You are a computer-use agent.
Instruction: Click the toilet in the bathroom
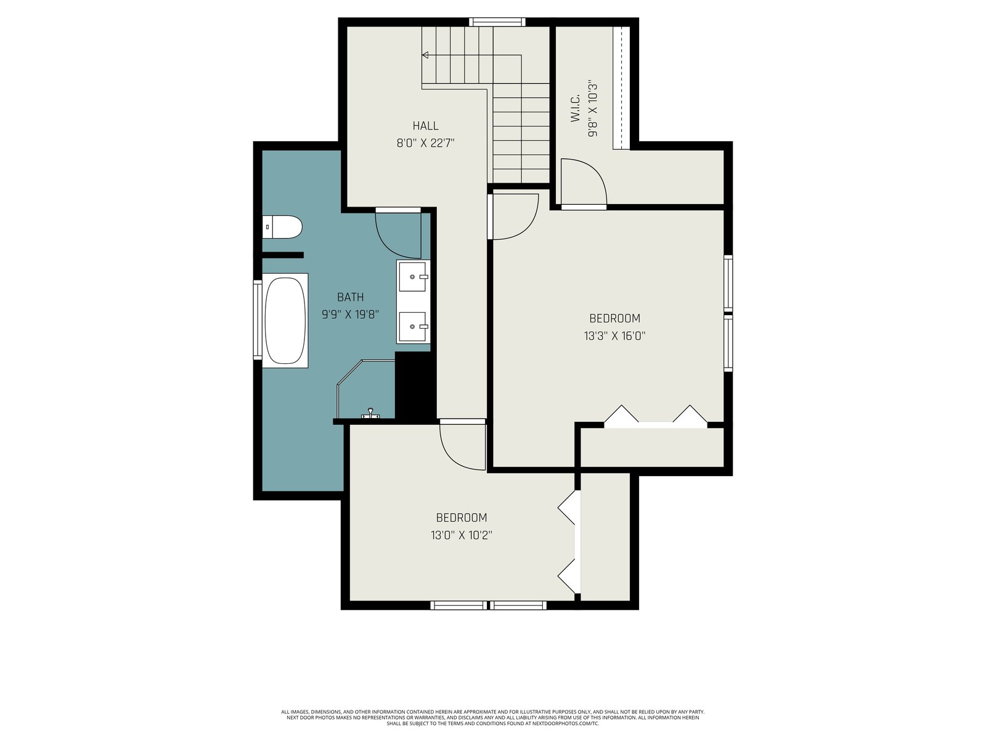(282, 228)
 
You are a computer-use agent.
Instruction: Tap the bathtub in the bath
(285, 320)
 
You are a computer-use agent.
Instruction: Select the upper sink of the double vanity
(412, 277)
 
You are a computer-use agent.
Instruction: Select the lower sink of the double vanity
(412, 327)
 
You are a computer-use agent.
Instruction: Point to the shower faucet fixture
(370, 414)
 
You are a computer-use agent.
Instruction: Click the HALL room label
(425, 126)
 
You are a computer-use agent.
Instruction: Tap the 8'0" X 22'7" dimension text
(425, 143)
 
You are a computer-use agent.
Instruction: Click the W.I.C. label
(576, 108)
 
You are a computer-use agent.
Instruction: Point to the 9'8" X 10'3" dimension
(593, 110)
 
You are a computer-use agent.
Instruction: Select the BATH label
(351, 297)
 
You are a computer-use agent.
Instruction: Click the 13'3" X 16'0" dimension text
(614, 335)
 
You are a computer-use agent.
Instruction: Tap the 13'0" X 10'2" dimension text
(462, 535)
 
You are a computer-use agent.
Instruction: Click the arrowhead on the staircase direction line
(425, 55)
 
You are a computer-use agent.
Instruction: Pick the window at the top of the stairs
(497, 22)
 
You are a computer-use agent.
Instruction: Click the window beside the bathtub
(258, 319)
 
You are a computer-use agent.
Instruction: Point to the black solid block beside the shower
(415, 385)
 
